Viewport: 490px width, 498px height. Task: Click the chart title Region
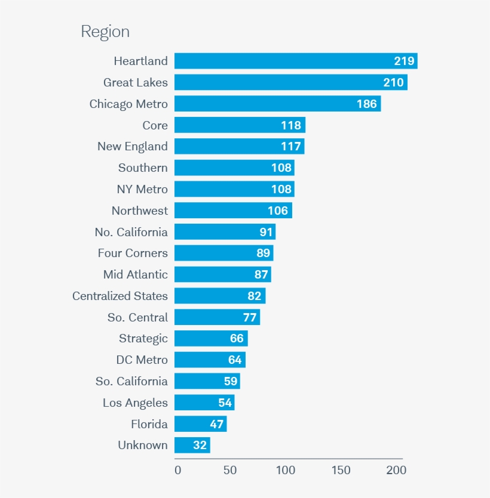click(x=105, y=32)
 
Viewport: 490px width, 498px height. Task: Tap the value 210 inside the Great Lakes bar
click(x=393, y=82)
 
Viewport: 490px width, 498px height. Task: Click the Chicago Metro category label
click(x=128, y=104)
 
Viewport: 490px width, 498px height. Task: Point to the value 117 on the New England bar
click(x=291, y=147)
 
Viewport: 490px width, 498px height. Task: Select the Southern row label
click(x=143, y=168)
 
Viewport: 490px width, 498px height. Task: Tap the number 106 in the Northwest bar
click(x=278, y=211)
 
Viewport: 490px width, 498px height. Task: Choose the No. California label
click(x=131, y=232)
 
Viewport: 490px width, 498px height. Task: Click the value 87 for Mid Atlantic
click(x=261, y=275)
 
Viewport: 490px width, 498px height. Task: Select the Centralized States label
click(x=120, y=296)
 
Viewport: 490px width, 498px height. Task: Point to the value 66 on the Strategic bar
click(x=237, y=339)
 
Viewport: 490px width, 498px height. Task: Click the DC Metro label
click(x=142, y=360)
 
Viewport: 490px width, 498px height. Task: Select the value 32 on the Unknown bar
click(x=200, y=446)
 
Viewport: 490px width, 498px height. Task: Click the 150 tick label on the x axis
click(x=341, y=470)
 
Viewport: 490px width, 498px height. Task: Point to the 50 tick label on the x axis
click(x=230, y=470)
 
